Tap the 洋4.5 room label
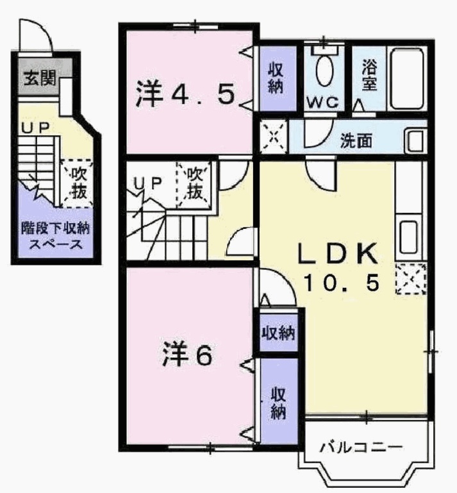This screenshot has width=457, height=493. tap(185, 95)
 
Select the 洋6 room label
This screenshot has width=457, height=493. tap(187, 355)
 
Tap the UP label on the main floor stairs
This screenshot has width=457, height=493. tap(147, 182)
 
